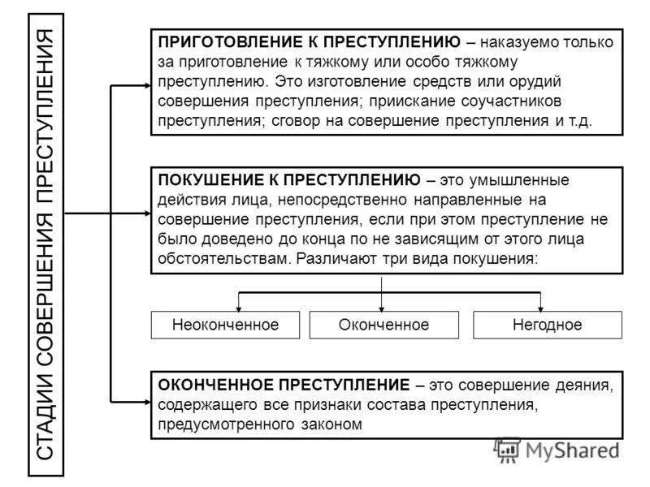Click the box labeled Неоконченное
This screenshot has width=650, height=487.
tap(225, 325)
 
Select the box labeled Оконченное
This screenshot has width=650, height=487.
tap(383, 325)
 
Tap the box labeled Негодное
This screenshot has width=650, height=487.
tap(547, 325)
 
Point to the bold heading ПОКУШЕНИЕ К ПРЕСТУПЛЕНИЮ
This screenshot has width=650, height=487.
tap(289, 179)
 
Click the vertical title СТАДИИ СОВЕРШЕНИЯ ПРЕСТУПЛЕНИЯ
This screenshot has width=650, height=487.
tap(46, 243)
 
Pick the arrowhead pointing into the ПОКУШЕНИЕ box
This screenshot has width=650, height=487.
tap(146, 214)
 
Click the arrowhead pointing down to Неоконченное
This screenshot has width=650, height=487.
tap(238, 308)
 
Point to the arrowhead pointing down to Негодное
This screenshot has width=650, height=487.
tap(540, 308)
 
